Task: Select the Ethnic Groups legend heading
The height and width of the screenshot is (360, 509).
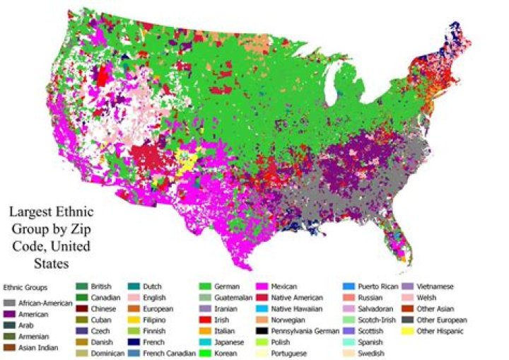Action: click(x=25, y=288)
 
